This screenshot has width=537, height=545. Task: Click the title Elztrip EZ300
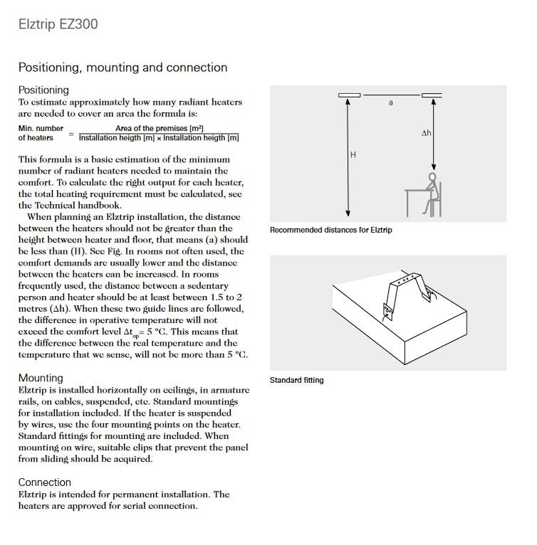pos(58,25)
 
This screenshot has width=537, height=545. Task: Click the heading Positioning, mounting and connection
pos(122,68)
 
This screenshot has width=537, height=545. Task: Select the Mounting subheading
pos(41,378)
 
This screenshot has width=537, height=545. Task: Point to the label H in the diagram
pos(353,155)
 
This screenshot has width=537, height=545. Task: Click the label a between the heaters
pos(390,103)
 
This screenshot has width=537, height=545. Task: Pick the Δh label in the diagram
pos(426,133)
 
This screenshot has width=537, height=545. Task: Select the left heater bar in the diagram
pos(349,94)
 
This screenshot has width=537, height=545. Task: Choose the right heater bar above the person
pos(432,94)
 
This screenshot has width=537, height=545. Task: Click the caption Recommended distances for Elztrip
pos(330,231)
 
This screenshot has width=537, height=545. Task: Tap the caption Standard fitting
pos(296,380)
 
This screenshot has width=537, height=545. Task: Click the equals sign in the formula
pos(71,133)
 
